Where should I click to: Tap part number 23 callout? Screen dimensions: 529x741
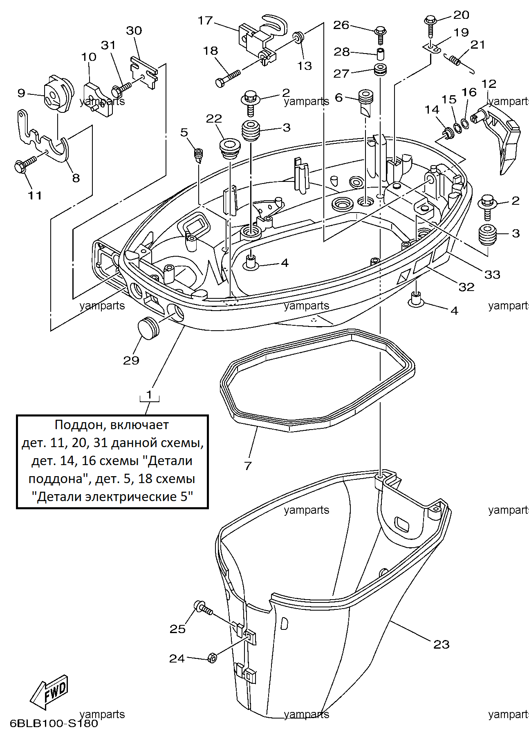[x=441, y=644]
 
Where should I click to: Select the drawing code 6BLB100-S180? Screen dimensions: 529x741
[x=54, y=723]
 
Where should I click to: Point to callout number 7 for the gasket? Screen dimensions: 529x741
[x=247, y=466]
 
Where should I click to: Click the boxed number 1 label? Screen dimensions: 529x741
[x=149, y=394]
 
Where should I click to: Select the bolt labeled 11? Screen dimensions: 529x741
[x=25, y=165]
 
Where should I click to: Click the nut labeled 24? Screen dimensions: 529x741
[x=212, y=658]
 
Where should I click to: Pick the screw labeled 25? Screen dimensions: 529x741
[x=203, y=608]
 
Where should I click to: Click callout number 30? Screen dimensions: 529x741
[x=134, y=31]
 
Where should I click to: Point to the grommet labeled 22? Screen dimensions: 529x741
[x=231, y=150]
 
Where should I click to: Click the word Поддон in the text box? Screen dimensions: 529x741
[x=77, y=425]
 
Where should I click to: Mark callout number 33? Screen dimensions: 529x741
[x=492, y=275]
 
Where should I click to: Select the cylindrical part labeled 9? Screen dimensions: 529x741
[x=58, y=94]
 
